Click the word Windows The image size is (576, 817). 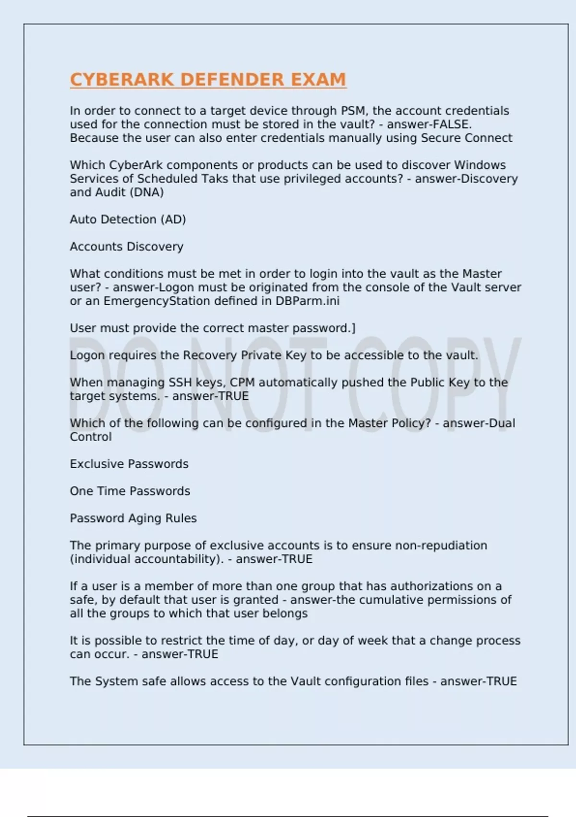click(x=480, y=165)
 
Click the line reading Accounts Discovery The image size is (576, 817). click(x=127, y=247)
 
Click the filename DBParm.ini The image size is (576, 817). click(x=307, y=301)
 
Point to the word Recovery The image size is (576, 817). click(x=210, y=355)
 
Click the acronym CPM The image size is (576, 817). click(x=242, y=382)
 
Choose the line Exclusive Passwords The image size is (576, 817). click(x=129, y=464)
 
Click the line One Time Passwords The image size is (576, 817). click(x=130, y=491)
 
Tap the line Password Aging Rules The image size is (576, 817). click(x=133, y=518)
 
